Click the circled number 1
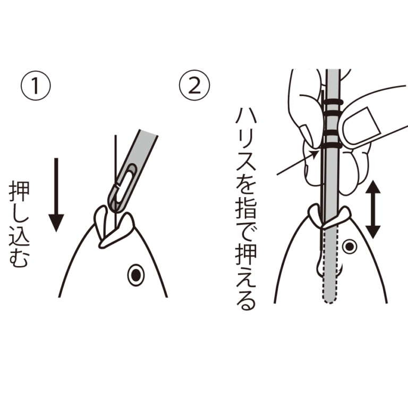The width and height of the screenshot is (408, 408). [36, 87]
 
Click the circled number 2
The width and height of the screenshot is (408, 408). [194, 87]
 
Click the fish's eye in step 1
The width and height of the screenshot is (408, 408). [136, 275]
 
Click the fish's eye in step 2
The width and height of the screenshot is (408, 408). [349, 246]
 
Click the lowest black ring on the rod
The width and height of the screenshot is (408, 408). [333, 144]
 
